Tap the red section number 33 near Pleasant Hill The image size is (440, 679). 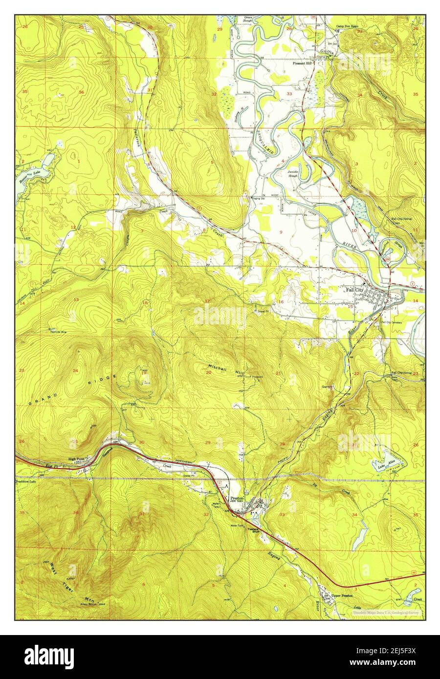point(289,94)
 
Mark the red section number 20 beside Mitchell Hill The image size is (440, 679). point(208,373)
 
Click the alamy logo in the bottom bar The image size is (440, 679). point(49,655)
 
